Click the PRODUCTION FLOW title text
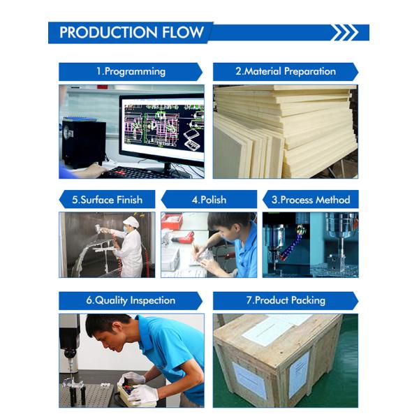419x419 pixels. (131, 32)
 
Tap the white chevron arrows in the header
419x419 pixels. (344, 33)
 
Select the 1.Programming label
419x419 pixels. (131, 72)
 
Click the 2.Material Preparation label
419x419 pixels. (286, 72)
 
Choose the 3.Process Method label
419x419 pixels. (311, 200)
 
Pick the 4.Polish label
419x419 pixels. (209, 200)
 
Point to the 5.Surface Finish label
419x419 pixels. (107, 200)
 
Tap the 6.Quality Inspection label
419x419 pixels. (131, 300)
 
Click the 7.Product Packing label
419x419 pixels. (286, 300)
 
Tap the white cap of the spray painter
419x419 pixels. (131, 222)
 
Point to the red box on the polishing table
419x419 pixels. (172, 221)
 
